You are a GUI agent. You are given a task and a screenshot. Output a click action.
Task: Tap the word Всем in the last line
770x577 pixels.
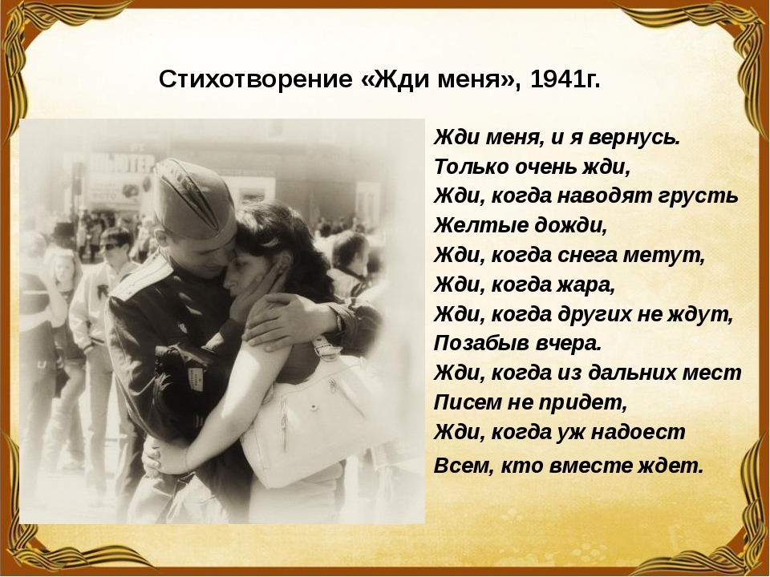(463, 466)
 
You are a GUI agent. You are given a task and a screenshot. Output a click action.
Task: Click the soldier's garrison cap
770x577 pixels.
(193, 199)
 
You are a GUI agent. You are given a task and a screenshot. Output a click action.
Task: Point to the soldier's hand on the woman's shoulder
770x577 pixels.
(287, 321)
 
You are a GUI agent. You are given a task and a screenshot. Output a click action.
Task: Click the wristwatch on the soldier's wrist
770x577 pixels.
(338, 321)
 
